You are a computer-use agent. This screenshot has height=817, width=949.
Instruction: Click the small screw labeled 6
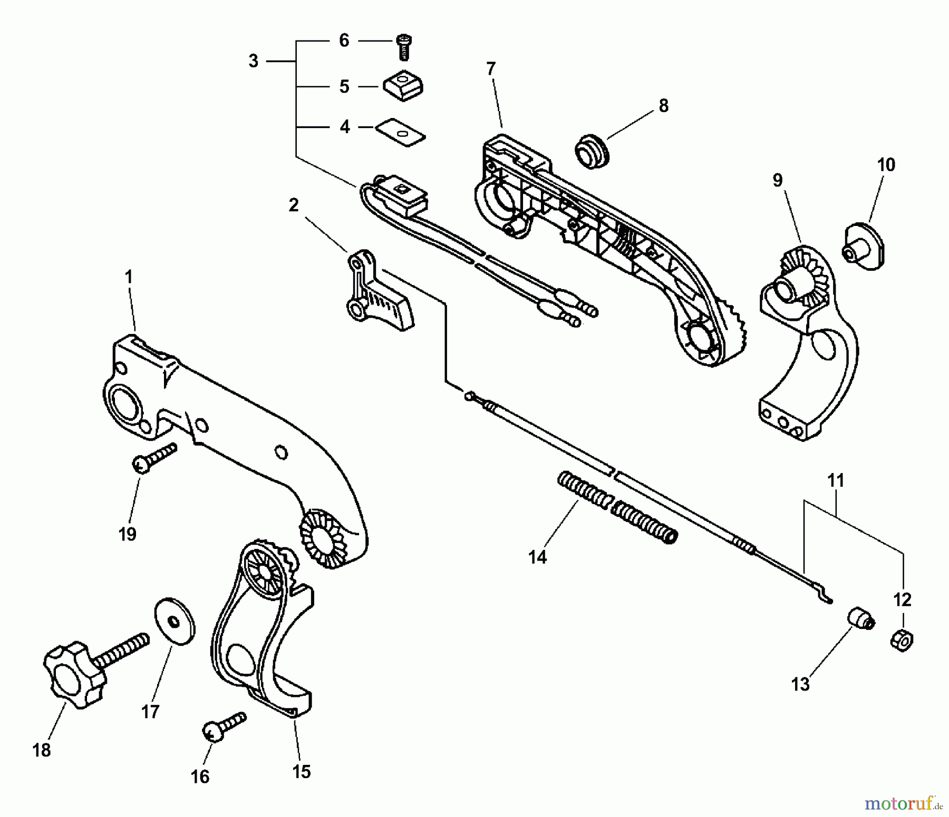pos(404,48)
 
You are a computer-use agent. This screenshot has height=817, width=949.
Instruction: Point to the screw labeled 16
pos(224,725)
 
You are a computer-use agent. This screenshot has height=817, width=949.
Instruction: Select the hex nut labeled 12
pos(902,641)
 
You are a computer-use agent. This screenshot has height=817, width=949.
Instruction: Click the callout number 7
pos(491,68)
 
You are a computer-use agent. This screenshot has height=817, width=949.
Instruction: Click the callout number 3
pos(254,61)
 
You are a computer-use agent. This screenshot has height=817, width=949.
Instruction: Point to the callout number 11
pos(836,480)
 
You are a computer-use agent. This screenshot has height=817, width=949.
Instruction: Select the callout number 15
pos(301,772)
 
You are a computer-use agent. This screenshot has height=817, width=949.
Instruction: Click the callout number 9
pos(778,180)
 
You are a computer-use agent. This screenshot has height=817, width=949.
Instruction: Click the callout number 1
pos(128,277)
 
